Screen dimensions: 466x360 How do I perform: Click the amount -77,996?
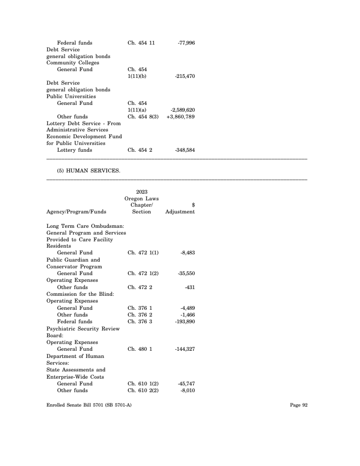[186, 43]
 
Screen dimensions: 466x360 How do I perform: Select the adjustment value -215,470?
[184, 77]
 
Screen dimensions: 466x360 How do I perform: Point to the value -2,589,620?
[183, 110]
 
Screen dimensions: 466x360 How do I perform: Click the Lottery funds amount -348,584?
[184, 150]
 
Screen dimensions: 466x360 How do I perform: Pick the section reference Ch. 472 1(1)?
[143, 253]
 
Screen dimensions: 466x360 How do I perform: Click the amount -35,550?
[186, 273]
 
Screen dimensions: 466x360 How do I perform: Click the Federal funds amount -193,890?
[184, 321]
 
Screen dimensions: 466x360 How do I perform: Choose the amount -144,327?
[184, 349]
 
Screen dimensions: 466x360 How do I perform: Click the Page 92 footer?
[298, 405]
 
